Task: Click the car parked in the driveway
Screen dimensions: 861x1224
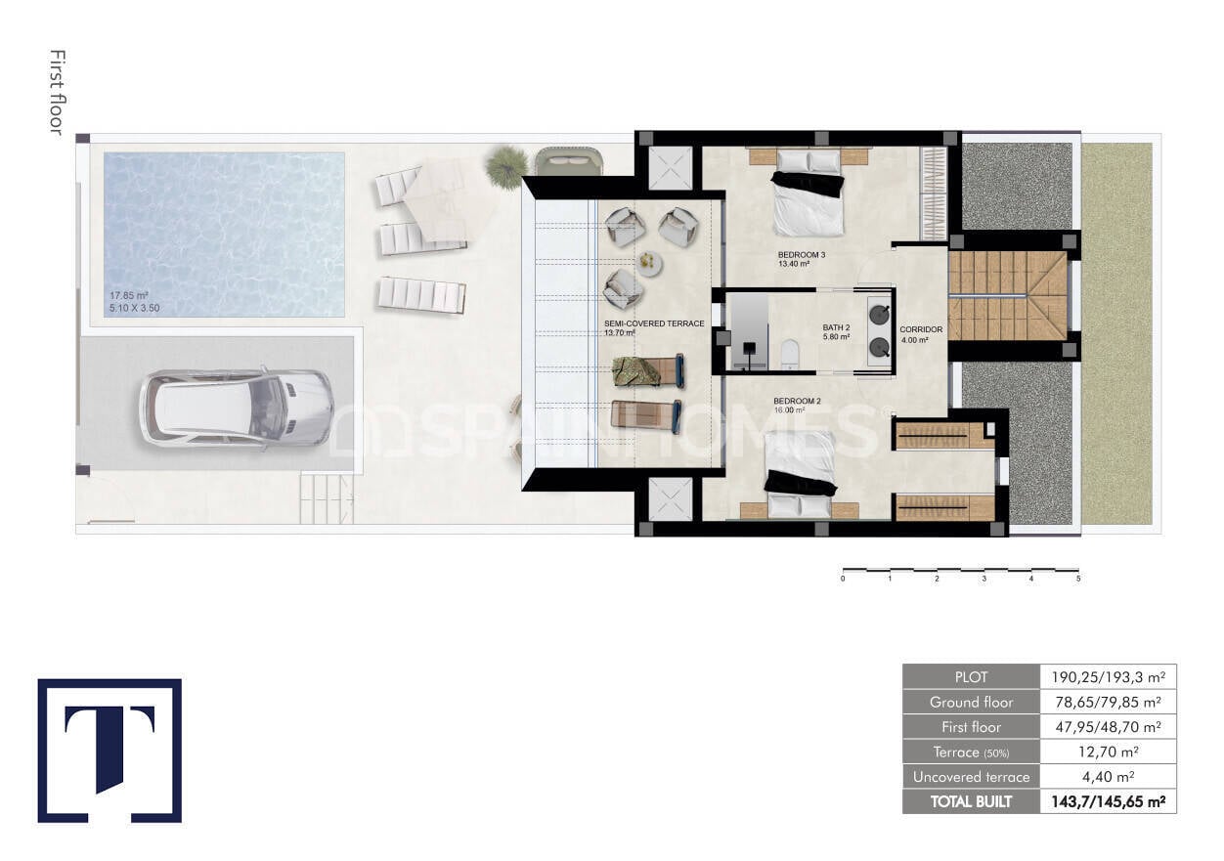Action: pos(237,408)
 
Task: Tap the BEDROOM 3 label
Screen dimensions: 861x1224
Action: pos(802,256)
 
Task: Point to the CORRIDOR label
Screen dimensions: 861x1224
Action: pos(921,329)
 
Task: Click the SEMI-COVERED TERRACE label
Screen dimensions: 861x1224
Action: pos(654,323)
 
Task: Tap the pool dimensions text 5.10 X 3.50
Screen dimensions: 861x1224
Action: pos(134,308)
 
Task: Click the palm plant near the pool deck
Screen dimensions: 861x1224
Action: pos(506,165)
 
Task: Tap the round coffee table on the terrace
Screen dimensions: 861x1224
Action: pos(650,262)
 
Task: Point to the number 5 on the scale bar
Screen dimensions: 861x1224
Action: pos(1078,580)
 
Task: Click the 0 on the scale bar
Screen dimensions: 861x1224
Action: pos(843,580)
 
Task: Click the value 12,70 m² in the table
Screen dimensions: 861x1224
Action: pos(1108,752)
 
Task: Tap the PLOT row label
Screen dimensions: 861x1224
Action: pos(970,676)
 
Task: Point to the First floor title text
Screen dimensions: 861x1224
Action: pos(57,93)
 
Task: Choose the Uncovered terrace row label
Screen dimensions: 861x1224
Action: pos(970,777)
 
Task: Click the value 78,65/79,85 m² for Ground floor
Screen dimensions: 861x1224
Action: pos(1108,702)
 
